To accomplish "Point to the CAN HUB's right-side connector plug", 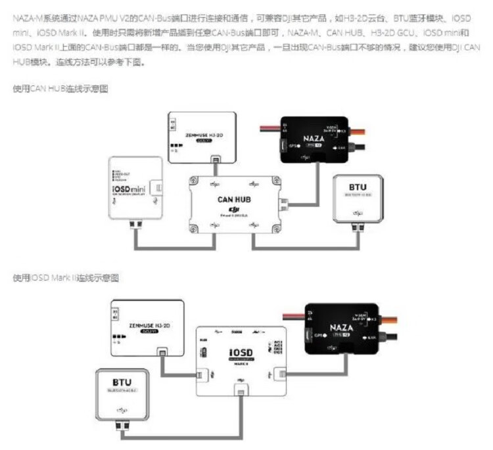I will click(x=285, y=204).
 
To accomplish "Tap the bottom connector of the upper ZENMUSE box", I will click(x=214, y=159).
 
